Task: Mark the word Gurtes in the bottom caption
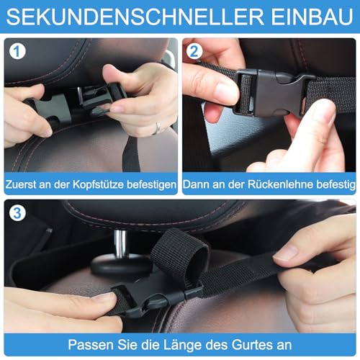(x=249, y=343)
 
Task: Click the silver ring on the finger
(x=158, y=128)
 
